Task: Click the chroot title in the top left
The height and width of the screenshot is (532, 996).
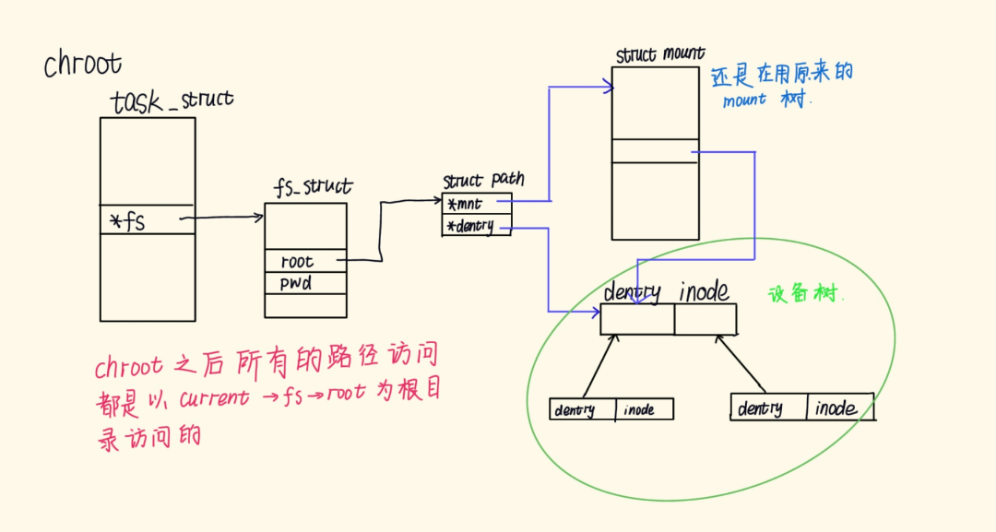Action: [x=83, y=65]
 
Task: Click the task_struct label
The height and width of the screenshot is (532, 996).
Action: [x=172, y=100]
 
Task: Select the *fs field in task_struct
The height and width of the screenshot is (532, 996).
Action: [x=127, y=221]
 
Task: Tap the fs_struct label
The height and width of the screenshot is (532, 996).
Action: [x=314, y=186]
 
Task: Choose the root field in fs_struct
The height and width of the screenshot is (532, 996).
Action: [x=297, y=261]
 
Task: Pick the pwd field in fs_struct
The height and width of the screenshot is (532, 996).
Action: [x=296, y=283]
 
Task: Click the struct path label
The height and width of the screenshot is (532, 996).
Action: [x=483, y=181]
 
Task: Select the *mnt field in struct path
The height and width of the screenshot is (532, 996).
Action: [x=465, y=205]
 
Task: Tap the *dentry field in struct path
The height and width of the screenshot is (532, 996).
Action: [x=470, y=226]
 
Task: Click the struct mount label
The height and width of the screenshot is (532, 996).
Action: [x=660, y=54]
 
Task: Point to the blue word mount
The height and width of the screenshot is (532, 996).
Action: [x=744, y=100]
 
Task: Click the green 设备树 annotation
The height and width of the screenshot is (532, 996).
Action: [x=804, y=294]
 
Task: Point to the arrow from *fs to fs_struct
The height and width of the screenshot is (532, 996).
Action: [x=221, y=218]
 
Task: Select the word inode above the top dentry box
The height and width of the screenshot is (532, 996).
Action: [x=704, y=291]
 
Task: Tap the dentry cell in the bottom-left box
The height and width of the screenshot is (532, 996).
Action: [x=583, y=409]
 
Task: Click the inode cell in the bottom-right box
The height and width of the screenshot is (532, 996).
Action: [x=840, y=408]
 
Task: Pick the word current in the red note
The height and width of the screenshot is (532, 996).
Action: [x=214, y=398]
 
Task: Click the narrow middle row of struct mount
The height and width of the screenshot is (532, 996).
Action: [x=655, y=151]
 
